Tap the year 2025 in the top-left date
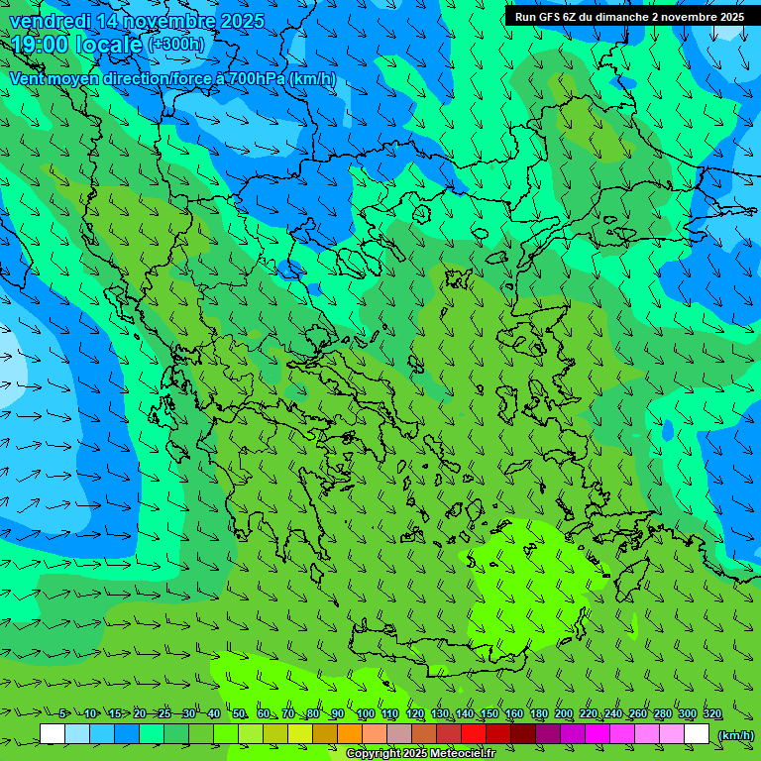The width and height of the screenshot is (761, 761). [242, 21]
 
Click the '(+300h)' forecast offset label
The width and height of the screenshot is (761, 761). [176, 45]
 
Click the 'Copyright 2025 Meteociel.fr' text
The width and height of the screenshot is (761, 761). [420, 754]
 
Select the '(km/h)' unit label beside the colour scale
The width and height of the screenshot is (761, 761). [735, 735]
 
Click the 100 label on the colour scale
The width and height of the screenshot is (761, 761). [365, 714]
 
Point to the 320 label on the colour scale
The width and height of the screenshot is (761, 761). [712, 714]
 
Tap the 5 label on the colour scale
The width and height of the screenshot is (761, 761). [62, 714]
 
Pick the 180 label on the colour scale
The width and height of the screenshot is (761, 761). [539, 714]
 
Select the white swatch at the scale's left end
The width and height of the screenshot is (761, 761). [53, 734]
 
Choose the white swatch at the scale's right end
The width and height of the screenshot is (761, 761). [697, 734]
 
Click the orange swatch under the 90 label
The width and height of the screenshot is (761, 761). [350, 734]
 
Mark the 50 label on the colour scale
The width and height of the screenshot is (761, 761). [239, 714]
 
